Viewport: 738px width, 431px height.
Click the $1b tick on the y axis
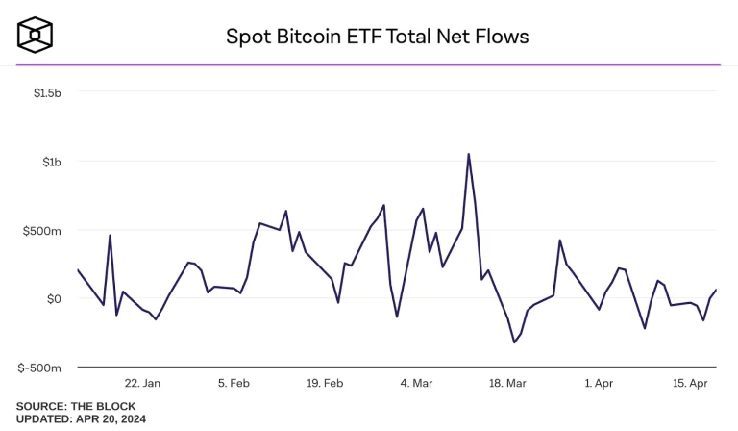pos(52,162)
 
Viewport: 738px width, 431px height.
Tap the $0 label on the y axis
pos(54,299)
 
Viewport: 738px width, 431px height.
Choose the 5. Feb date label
pos(235,383)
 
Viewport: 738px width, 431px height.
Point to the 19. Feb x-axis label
pos(326,383)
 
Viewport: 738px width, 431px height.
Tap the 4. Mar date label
pos(416,383)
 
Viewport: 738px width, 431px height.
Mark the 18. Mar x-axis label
pos(507,383)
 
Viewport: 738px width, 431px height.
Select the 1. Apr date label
pos(598,383)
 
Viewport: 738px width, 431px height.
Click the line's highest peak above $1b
pos(468,154)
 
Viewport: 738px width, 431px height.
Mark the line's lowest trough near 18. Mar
pos(514,342)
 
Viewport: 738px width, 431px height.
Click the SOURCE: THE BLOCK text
pos(76,406)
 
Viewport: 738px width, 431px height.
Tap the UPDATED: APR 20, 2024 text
pos(81,419)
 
